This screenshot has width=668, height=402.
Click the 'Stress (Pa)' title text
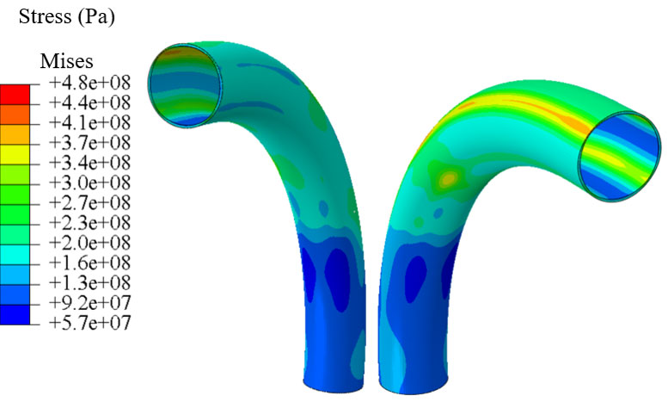coord(67,17)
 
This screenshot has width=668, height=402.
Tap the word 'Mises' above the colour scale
coord(66,61)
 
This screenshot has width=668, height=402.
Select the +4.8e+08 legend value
coord(90,83)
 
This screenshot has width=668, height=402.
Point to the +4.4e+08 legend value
coord(90,102)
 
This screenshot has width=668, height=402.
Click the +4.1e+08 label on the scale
coord(90,122)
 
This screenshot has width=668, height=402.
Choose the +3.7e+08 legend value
coord(90,143)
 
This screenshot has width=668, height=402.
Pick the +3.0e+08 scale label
coord(90,182)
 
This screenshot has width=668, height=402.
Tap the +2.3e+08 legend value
coord(90,223)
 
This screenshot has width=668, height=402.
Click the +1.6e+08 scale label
coord(90,263)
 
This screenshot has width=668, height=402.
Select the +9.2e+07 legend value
coord(90,303)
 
